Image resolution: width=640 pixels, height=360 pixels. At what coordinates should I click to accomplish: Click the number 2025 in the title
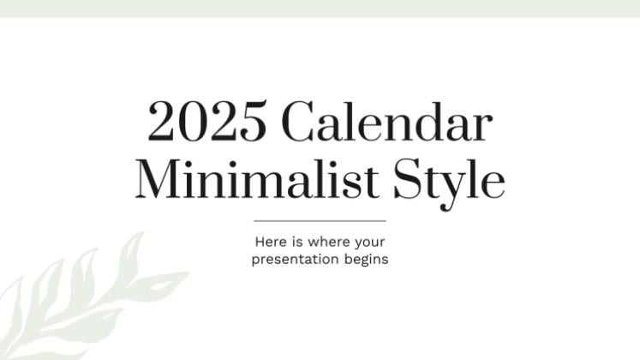click(206, 122)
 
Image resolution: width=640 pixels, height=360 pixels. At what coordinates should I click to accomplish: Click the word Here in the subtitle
click(269, 242)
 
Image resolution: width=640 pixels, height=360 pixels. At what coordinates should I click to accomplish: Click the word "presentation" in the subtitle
click(290, 259)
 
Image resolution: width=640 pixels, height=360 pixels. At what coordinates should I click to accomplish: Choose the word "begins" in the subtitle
click(365, 259)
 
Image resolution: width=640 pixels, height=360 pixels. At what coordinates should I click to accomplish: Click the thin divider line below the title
click(320, 221)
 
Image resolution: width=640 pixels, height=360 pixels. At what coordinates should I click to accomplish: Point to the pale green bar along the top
click(320, 8)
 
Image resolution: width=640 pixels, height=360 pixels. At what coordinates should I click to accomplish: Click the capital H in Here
click(259, 242)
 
